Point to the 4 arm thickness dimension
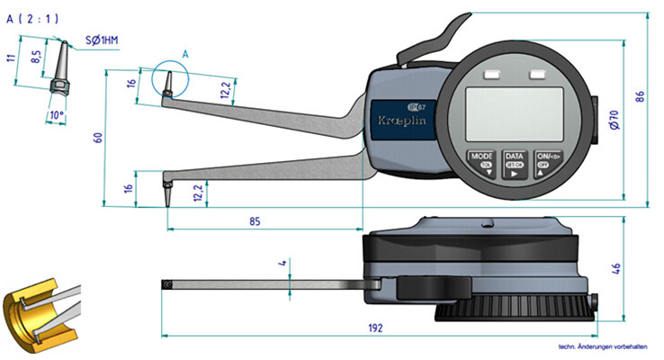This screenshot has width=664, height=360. click(x=283, y=265)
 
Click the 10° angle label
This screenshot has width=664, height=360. click(x=58, y=114)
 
